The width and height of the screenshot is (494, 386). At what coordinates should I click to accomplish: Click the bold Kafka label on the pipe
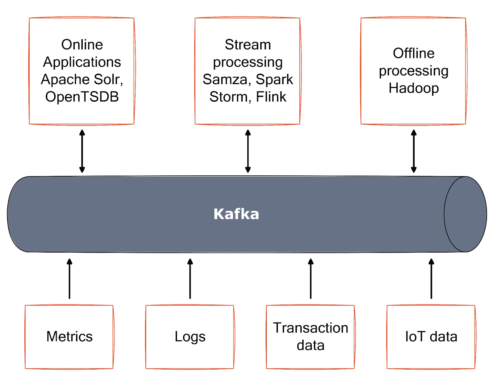(x=236, y=214)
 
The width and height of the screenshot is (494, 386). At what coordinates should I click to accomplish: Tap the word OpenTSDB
(x=82, y=97)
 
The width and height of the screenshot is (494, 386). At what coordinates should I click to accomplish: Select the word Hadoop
(x=413, y=88)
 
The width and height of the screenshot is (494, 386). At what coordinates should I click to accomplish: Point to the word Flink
(x=271, y=97)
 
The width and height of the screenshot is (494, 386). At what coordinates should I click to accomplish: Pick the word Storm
(x=228, y=97)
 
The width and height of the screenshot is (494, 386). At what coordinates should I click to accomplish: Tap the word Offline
(x=413, y=53)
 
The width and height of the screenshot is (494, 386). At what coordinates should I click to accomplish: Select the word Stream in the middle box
(x=248, y=45)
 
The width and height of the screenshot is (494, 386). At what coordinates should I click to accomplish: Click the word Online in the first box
(x=82, y=45)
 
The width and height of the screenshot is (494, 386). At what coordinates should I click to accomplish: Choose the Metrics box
(x=69, y=337)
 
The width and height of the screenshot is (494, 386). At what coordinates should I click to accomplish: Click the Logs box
(x=190, y=337)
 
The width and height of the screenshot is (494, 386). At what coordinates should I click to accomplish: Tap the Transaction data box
(x=310, y=337)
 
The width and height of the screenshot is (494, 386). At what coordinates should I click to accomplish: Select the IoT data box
(x=431, y=337)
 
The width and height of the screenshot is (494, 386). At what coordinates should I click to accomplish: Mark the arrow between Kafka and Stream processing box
(x=248, y=151)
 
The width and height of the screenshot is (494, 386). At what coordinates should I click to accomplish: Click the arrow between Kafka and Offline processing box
(x=413, y=151)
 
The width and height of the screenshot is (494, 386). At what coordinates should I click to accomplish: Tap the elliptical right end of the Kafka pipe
(x=465, y=214)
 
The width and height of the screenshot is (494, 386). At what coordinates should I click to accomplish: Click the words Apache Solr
(x=82, y=79)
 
